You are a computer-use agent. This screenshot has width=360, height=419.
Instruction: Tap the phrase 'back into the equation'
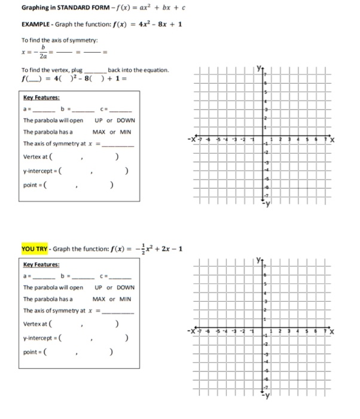pyautogui.click(x=138, y=71)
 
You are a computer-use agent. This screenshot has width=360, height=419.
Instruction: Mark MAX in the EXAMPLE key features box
pyautogui.click(x=100, y=132)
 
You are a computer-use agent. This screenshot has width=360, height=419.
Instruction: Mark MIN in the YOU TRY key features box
pyautogui.click(x=125, y=299)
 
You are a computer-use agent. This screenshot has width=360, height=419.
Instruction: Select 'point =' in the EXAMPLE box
pyautogui.click(x=32, y=186)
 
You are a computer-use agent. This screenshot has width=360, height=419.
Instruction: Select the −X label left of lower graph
pyautogui.click(x=191, y=331)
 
